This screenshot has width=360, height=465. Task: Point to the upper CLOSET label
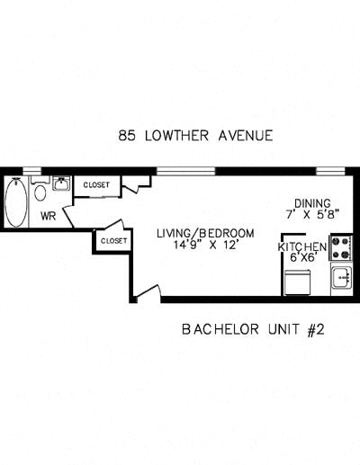96,185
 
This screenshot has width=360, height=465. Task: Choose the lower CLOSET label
113,241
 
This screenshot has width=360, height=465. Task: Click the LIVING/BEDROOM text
205,233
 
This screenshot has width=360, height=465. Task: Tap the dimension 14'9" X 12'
205,246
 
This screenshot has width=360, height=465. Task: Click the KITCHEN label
301,246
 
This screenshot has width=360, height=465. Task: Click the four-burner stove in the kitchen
341,247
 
